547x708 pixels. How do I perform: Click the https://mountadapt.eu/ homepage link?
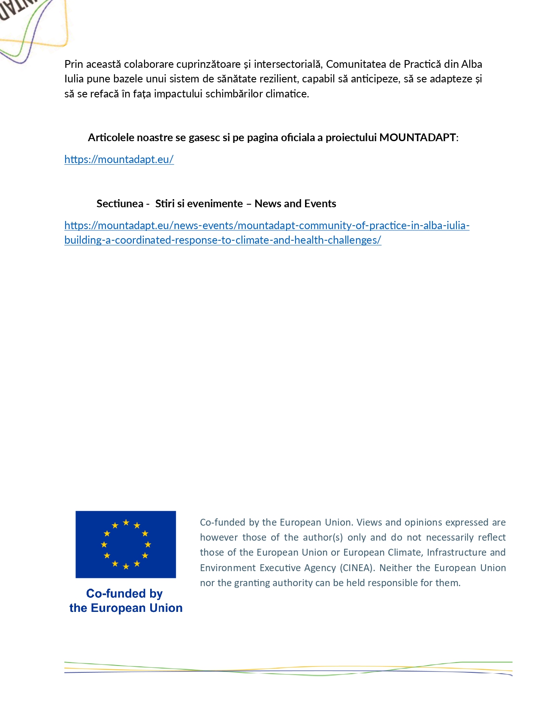(x=119, y=159)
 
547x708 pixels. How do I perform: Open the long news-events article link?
(x=266, y=226)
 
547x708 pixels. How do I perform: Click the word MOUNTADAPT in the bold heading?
(x=417, y=137)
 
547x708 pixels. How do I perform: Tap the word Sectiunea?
(x=120, y=203)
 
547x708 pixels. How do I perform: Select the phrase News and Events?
(x=295, y=203)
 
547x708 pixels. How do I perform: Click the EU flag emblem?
(x=126, y=544)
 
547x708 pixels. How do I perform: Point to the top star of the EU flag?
(x=126, y=523)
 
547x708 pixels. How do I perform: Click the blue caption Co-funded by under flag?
(x=124, y=593)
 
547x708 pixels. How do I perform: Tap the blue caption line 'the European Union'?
(x=126, y=608)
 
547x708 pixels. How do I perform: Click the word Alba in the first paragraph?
(x=471, y=64)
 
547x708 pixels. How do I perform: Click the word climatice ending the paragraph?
(x=287, y=94)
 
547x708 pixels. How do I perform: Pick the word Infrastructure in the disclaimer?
(x=456, y=552)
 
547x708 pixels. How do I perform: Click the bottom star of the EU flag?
(x=126, y=566)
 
